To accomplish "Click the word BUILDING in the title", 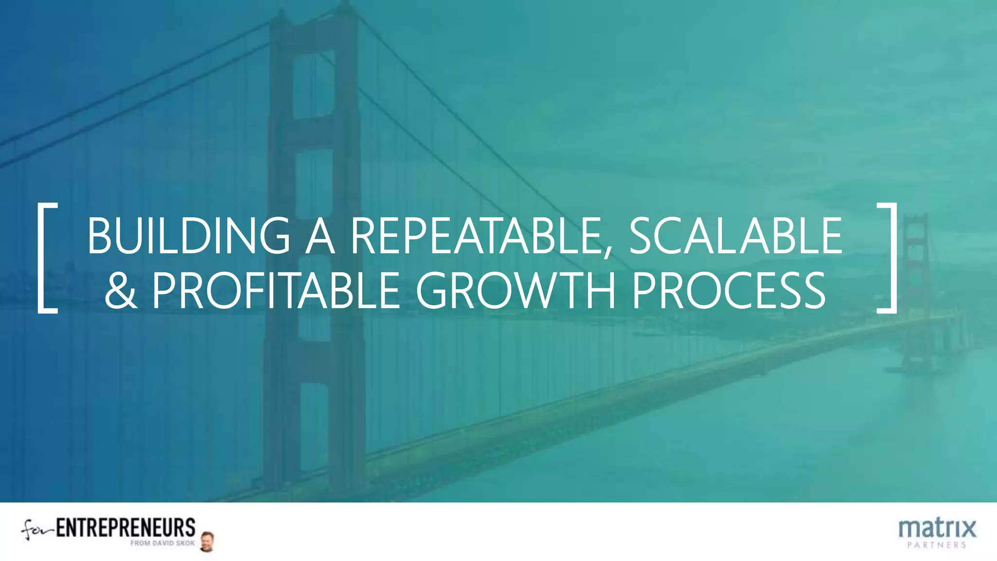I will (189, 236).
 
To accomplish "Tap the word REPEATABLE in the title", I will (475, 236).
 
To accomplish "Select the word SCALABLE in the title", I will (735, 236).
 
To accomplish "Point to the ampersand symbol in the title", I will (120, 291).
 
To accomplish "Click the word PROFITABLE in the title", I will (276, 291).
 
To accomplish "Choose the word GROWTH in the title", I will (516, 291).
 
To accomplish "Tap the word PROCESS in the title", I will (728, 291).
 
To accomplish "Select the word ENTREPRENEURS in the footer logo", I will (126, 528).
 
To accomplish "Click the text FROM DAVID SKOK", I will (162, 543).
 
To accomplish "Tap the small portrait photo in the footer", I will (207, 542).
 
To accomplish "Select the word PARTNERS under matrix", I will (937, 545).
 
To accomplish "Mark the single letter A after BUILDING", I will (320, 236).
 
